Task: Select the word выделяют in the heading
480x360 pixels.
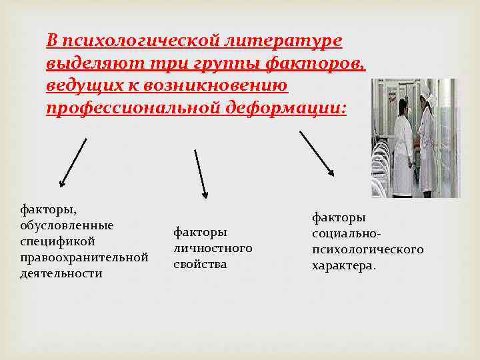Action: [85, 64]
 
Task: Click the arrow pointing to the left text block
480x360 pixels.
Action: [73, 162]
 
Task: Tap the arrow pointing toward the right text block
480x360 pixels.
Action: [317, 154]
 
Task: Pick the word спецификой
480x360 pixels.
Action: [58, 241]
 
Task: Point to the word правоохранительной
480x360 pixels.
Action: [83, 257]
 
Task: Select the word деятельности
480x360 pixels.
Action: [61, 273]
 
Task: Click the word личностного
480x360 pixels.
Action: [213, 248]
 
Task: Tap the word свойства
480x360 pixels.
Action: [200, 264]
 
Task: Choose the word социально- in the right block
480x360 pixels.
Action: [347, 233]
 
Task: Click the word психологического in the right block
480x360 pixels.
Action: [367, 249]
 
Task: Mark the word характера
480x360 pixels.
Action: [343, 265]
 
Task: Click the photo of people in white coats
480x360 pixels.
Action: [415, 138]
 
